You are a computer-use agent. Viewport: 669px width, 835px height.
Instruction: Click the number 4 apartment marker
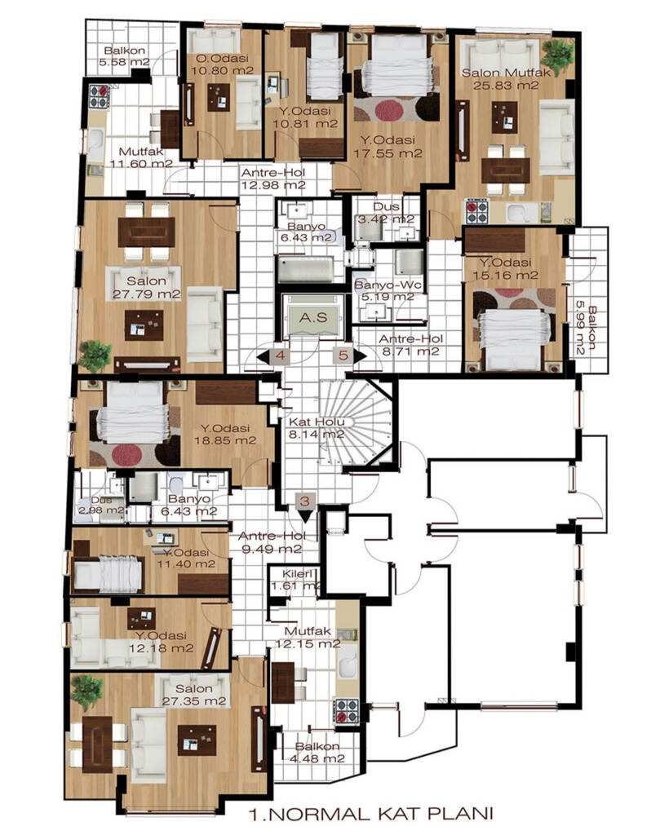point(281,356)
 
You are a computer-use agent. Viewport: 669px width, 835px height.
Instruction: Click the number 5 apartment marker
point(343,356)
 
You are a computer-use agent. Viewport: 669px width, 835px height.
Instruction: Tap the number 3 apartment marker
point(304,501)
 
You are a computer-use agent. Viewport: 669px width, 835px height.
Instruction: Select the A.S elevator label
point(312,318)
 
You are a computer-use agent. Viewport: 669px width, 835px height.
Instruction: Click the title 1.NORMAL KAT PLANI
point(371,814)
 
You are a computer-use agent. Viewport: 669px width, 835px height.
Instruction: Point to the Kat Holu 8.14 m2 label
point(316,428)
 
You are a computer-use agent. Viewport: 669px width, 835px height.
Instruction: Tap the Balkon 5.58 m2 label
point(124,56)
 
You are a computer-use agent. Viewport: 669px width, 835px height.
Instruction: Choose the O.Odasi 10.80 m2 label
point(222,64)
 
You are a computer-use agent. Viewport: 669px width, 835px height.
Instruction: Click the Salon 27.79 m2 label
point(146,288)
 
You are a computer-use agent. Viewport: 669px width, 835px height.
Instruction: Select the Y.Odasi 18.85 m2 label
point(225,435)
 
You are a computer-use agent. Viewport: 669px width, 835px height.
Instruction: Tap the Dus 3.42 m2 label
point(386,213)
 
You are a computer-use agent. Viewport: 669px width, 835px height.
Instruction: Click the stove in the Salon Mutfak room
point(477,211)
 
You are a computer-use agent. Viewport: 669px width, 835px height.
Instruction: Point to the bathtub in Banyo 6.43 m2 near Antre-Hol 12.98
point(304,269)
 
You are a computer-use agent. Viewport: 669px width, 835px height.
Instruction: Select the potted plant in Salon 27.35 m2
point(86,691)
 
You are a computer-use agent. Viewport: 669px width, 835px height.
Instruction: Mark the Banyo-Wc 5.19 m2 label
point(388,291)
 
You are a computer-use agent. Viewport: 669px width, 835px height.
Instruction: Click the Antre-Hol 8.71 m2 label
point(410,345)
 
